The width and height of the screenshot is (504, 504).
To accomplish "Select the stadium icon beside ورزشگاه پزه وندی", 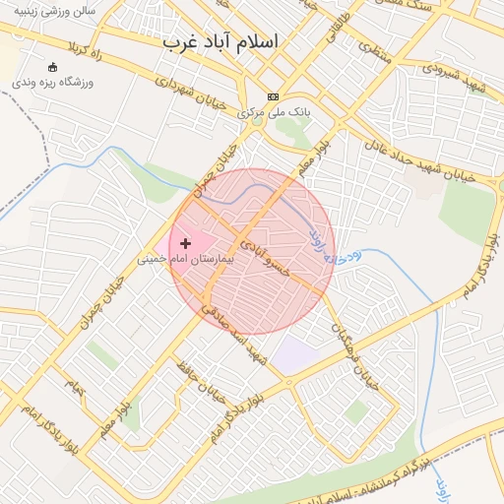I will click(x=52, y=67).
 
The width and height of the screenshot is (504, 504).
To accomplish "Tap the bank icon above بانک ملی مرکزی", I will click(x=273, y=96).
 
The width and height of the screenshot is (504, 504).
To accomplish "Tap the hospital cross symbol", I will click(x=185, y=242).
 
